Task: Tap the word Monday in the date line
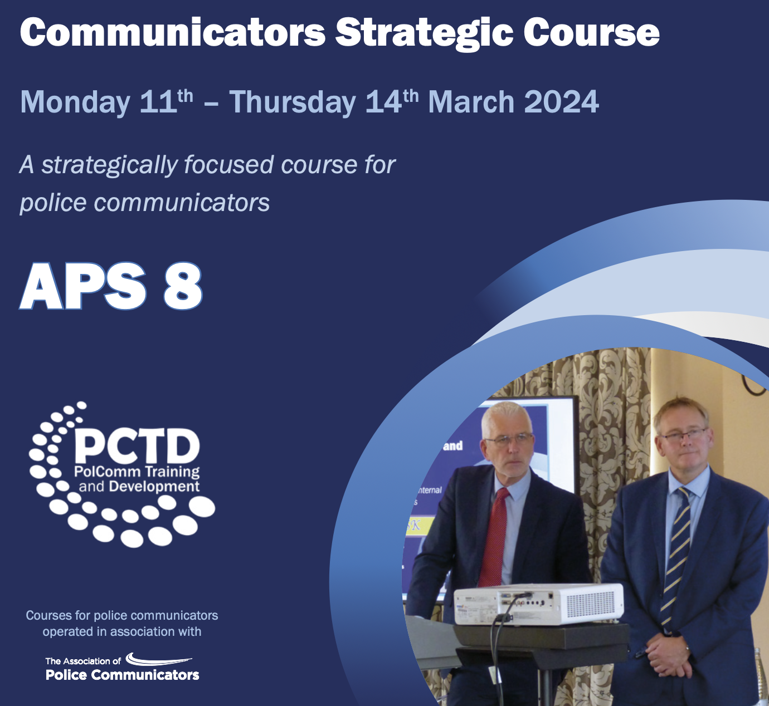click(x=75, y=102)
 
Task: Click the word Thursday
click(x=293, y=102)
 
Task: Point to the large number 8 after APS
click(x=182, y=286)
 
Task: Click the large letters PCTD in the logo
click(x=137, y=446)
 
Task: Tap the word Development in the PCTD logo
click(x=154, y=487)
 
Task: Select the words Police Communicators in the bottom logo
click(x=122, y=675)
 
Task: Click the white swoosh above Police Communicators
click(x=159, y=660)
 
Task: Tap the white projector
click(x=539, y=605)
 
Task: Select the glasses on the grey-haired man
click(x=508, y=439)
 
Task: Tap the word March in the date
click(x=471, y=102)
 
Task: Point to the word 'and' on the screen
click(x=452, y=446)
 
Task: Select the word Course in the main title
click(x=591, y=33)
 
